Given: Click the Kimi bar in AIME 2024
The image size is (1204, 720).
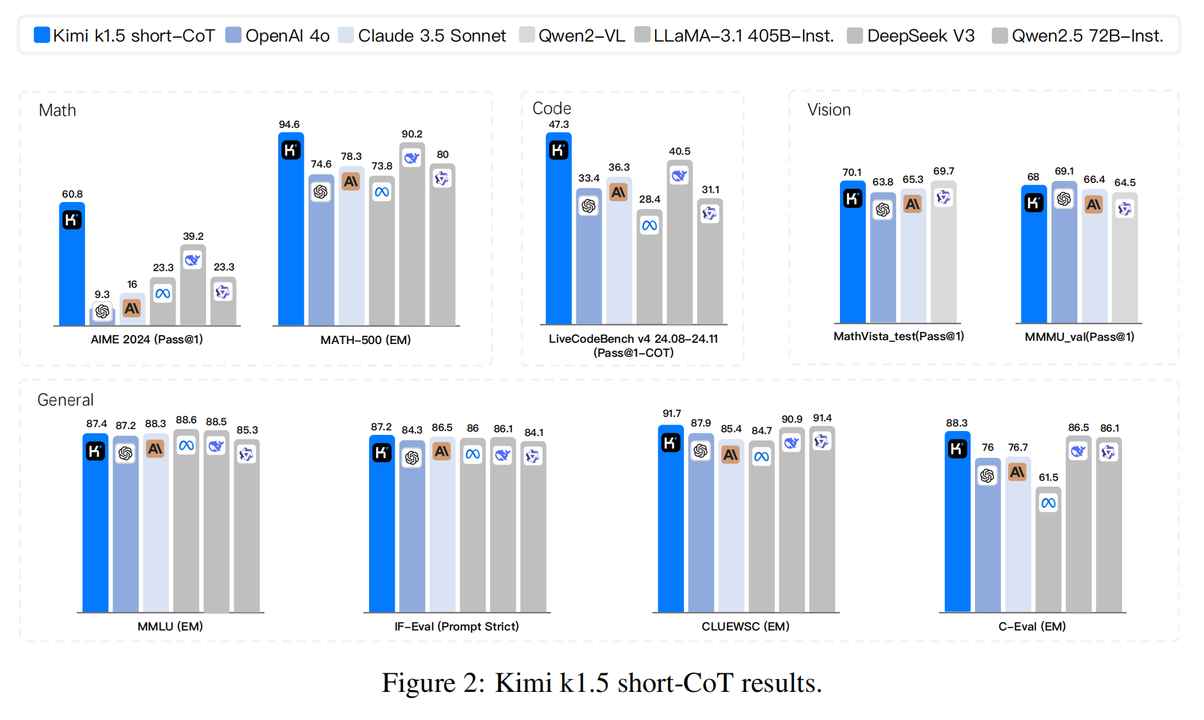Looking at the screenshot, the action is (x=72, y=264).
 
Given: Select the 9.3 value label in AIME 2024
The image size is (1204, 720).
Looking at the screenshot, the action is (x=102, y=294).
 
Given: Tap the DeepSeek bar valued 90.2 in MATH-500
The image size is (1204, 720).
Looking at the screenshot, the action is (x=412, y=234).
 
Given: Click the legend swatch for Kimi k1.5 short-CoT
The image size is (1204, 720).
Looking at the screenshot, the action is (x=42, y=35).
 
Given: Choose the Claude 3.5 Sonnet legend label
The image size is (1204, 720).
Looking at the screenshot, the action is (x=432, y=36).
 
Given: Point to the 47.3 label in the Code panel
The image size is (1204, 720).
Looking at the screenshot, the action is (x=558, y=125).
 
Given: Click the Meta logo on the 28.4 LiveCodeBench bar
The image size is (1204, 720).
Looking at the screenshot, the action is (x=649, y=225).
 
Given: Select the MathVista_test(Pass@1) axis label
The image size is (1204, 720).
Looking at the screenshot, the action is (x=899, y=336).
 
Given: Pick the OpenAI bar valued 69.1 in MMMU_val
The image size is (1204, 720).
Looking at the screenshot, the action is (x=1064, y=252).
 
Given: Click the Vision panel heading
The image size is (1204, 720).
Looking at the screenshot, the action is (x=829, y=110).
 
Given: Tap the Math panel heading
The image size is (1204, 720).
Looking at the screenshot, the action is (x=58, y=111).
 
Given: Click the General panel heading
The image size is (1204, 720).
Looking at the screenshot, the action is (x=65, y=400).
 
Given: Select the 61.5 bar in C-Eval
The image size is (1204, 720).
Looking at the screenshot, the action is (x=1049, y=550).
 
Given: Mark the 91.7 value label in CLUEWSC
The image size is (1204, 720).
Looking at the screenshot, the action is (x=672, y=414).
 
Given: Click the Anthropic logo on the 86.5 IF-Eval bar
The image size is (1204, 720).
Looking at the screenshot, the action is (x=442, y=451).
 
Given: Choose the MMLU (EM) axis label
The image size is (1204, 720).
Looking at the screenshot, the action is (x=170, y=627).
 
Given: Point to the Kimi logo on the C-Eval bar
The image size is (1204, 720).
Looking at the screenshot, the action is (x=957, y=449).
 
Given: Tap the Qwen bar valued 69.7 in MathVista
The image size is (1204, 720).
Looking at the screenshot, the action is (x=944, y=252).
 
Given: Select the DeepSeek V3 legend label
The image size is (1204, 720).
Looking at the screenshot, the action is (x=921, y=36).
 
